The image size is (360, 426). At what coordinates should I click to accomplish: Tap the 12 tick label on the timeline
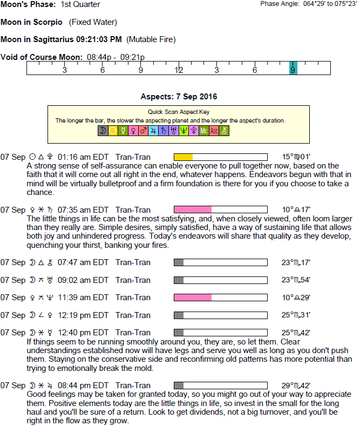click(179, 70)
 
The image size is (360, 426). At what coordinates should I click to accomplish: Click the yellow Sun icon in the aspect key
click(113, 131)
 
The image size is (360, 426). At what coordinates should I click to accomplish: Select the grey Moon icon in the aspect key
click(103, 131)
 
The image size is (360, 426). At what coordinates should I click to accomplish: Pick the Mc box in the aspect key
click(203, 131)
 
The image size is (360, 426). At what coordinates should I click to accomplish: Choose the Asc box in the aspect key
click(214, 131)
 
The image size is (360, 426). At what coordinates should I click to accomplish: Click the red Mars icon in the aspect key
click(143, 131)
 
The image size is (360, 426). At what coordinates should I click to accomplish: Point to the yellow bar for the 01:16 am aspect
click(183, 157)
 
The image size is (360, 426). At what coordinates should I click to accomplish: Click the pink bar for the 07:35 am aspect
click(192, 209)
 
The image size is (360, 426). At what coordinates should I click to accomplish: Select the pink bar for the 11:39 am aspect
click(192, 297)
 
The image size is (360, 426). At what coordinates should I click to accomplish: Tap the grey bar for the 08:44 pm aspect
click(179, 385)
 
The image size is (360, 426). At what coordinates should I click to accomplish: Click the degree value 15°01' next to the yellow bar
click(296, 157)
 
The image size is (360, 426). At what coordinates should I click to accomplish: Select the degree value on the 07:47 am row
click(296, 262)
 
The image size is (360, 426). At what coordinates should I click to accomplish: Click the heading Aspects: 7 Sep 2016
click(179, 97)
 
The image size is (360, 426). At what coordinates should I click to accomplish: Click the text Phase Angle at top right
click(279, 4)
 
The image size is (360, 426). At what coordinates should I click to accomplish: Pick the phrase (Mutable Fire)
click(151, 39)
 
